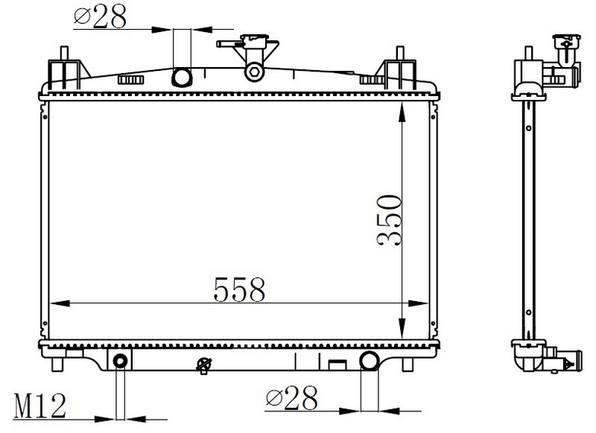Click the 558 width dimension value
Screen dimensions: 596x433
coord(239,289)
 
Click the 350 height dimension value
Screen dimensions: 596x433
coord(389,221)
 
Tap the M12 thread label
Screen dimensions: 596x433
coord(40,405)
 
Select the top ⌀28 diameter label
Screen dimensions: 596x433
coord(101,16)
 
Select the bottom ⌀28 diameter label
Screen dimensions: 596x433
coord(291,399)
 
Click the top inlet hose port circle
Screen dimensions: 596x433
coord(182,78)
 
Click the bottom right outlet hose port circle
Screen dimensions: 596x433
coord(369,361)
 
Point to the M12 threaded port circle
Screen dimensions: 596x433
coord(120,361)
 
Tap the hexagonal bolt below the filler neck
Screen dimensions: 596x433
coord(254,71)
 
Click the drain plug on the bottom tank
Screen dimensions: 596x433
coord(203,365)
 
